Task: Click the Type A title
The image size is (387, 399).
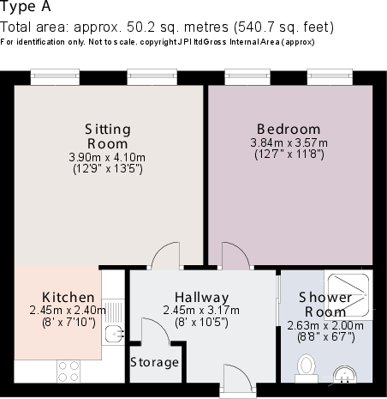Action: coord(27,9)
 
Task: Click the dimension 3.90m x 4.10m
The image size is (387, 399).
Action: coord(107,157)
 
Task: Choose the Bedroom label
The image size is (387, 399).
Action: coord(285,130)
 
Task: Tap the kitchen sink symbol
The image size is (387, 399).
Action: coord(112,333)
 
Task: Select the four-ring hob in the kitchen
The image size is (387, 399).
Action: coord(69,371)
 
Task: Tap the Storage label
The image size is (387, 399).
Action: coord(155,362)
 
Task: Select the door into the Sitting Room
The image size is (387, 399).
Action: coord(162,256)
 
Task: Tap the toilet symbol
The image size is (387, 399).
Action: coord(304,368)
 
